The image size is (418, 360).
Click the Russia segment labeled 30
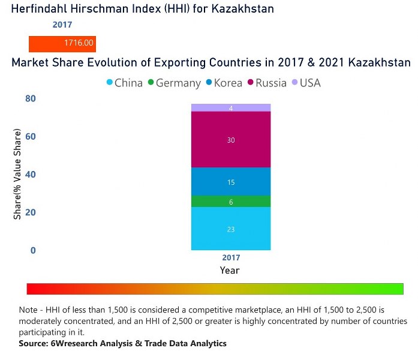coord(231,139)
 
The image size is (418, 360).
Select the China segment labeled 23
coord(231,228)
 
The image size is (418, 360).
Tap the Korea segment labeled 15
coord(231,181)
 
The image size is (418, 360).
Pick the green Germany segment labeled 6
coord(231,202)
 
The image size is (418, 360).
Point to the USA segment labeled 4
coord(231,107)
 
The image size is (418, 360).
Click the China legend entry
coord(124,83)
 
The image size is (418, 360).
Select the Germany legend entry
coord(174,83)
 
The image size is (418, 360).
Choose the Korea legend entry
coord(223,83)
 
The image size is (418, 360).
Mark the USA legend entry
coord(306,83)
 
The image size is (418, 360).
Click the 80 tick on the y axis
coord(31,98)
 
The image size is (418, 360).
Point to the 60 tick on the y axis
coord(31,136)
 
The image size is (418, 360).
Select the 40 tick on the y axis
coord(31,175)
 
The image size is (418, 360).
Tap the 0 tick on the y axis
coord(34,250)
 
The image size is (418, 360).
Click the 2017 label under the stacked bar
coord(231,258)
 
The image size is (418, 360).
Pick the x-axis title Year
coord(230,271)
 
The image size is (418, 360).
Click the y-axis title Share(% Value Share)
coord(17,174)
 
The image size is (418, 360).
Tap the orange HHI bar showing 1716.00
coord(62,44)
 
